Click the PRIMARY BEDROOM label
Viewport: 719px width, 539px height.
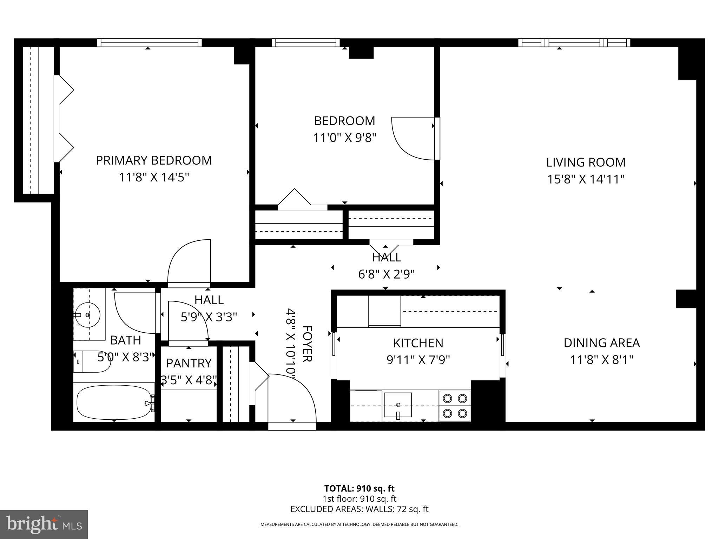[x=154, y=160]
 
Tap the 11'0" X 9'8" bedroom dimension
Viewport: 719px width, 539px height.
[x=344, y=138]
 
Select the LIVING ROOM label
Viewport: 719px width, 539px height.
[x=586, y=162]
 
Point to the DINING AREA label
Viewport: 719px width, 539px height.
[x=601, y=343]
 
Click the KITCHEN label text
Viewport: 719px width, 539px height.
[x=418, y=343]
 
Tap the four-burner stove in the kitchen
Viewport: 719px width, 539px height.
[x=455, y=405]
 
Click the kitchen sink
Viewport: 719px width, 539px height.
[x=398, y=405]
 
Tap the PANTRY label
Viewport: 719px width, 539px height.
[x=189, y=363]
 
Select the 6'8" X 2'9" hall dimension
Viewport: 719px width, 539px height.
[x=386, y=274]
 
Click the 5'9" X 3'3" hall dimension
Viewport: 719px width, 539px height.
[x=209, y=317]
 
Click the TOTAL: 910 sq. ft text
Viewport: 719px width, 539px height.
[x=359, y=488]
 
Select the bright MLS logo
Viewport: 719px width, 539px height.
[x=44, y=525]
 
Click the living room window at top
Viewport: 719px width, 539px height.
[x=574, y=43]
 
